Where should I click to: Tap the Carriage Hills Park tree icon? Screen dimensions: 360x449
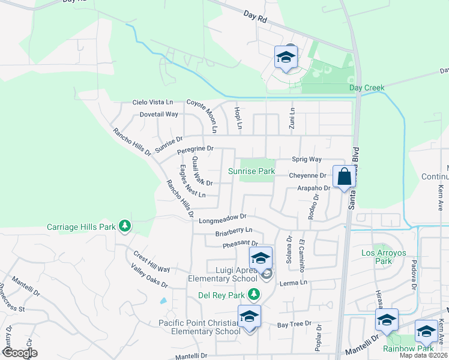click(125, 226)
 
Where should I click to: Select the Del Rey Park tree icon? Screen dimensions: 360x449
click(254, 294)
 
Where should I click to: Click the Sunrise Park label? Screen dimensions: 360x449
click(252, 172)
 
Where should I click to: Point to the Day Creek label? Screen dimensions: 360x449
click(367, 88)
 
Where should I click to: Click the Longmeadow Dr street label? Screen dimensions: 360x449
click(223, 218)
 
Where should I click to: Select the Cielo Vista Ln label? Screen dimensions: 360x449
click(152, 103)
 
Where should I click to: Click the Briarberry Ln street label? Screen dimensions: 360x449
click(234, 231)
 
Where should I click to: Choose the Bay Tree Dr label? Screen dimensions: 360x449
click(294, 324)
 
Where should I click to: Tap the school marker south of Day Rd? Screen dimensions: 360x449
click(286, 58)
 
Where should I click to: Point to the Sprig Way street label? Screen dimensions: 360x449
click(307, 159)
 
